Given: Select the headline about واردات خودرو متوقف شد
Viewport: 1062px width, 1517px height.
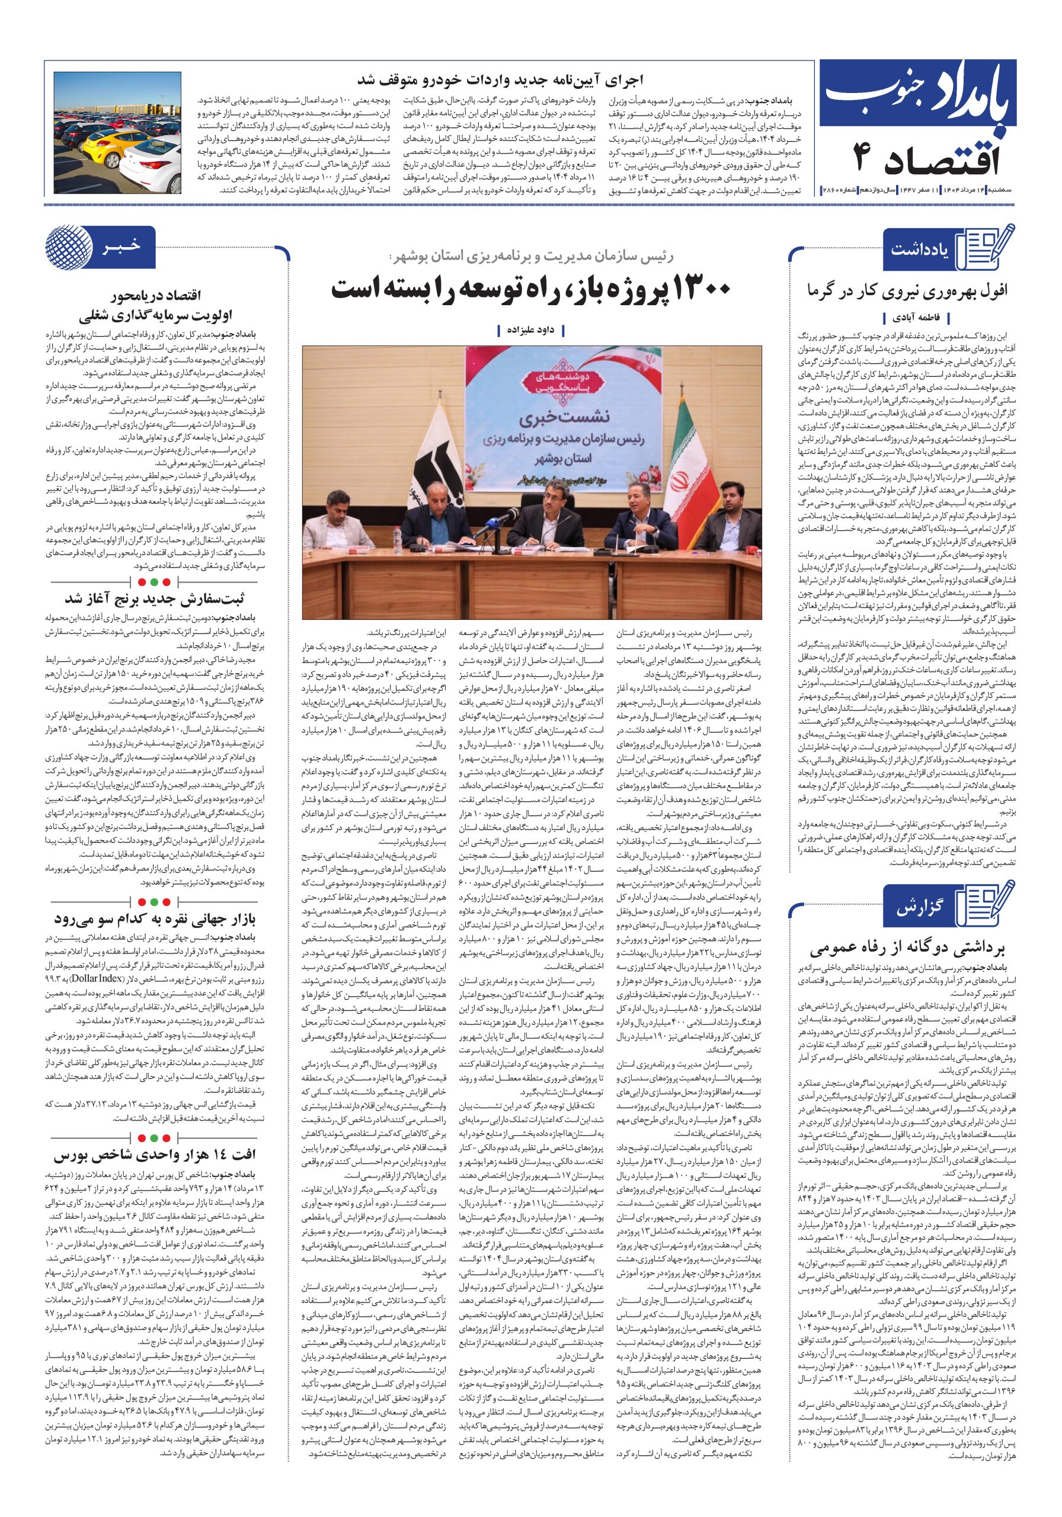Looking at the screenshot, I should tap(500, 81).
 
